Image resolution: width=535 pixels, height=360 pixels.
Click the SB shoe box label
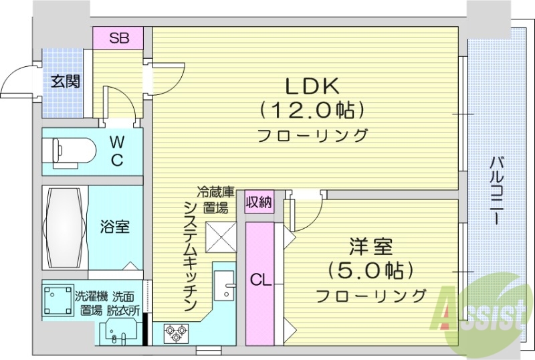tap(119, 38)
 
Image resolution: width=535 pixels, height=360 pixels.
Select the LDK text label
tap(313, 86)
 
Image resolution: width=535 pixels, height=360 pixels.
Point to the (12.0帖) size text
tap(313, 108)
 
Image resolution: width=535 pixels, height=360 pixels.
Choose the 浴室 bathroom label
tap(115, 226)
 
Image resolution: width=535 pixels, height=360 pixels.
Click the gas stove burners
tap(175, 332)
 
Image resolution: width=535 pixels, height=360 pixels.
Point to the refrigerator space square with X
tap(221, 236)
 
